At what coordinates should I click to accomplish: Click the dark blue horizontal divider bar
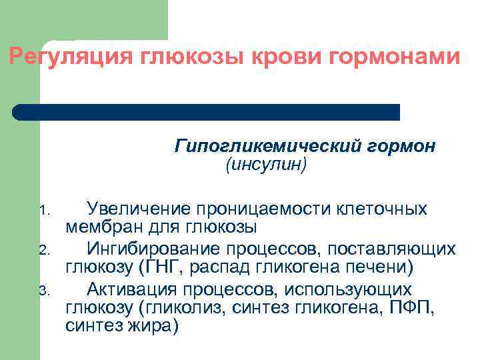pyautogui.click(x=207, y=111)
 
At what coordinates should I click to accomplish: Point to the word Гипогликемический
pyautogui.click(x=267, y=145)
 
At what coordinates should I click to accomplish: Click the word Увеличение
pyautogui.click(x=137, y=209)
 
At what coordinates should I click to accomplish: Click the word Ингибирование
pyautogui.click(x=150, y=249)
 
